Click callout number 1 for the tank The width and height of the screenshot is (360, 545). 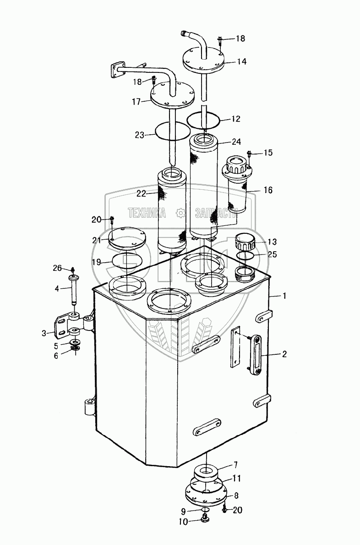point(284,297)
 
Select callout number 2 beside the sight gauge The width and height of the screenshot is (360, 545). point(284,354)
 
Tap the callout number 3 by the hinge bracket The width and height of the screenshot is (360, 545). point(44,333)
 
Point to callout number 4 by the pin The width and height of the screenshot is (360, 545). point(57,289)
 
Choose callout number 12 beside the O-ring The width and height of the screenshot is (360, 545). point(235,119)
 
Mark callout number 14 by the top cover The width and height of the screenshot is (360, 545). point(242,61)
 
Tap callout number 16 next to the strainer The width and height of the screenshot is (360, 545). point(267,190)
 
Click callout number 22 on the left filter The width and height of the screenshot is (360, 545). point(141,194)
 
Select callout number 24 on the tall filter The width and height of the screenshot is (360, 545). point(236,142)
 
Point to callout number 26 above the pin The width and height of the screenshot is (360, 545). point(57,268)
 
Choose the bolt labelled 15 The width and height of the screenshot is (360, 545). point(249,155)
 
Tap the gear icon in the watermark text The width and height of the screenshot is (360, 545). point(181,212)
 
